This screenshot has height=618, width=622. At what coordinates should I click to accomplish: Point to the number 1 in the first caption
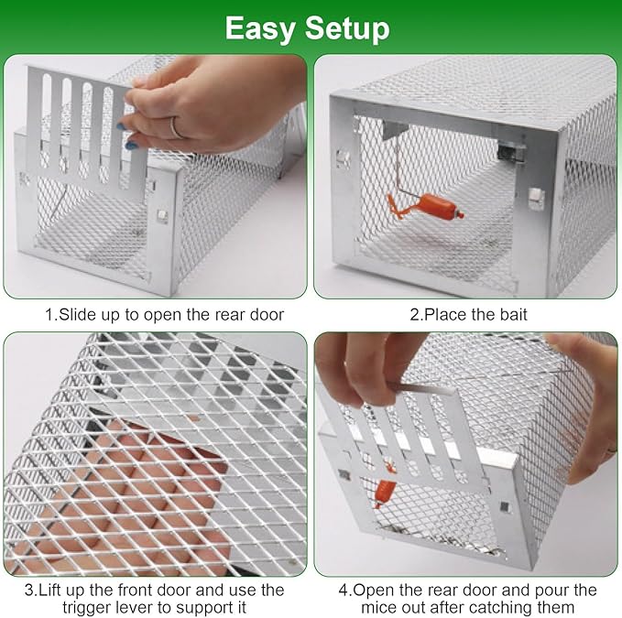tap(49, 315)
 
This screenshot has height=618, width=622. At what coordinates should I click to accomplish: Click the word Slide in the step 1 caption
tap(77, 315)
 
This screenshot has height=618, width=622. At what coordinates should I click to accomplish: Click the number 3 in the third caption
tap(29, 590)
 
